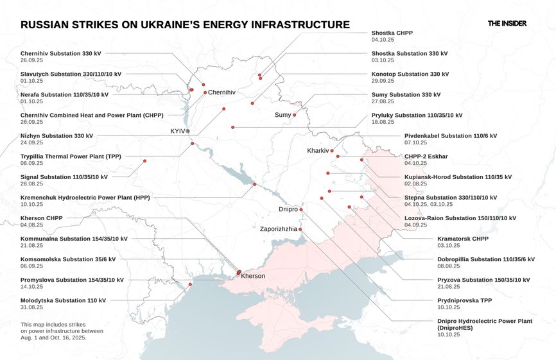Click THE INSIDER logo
click(x=507, y=23)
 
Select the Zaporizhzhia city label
click(x=279, y=228)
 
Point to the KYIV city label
click(x=177, y=131)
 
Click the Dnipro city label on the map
click(x=288, y=209)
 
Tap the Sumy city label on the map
click(x=282, y=115)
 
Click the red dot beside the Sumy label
click(x=295, y=115)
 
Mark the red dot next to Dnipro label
click(x=300, y=209)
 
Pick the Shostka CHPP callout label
click(x=392, y=33)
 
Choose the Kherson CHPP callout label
click(x=41, y=218)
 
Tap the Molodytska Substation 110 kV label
click(x=63, y=300)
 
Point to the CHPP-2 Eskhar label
click(x=426, y=156)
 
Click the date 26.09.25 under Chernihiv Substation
click(x=32, y=60)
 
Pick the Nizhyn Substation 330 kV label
click(x=56, y=135)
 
